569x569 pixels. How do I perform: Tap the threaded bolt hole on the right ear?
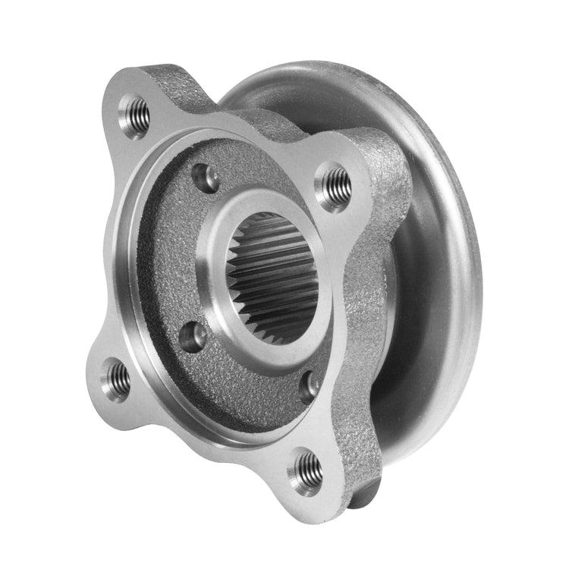(x=336, y=184)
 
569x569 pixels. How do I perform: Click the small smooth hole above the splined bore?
(x=206, y=178)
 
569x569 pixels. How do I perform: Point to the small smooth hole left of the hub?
(x=194, y=335)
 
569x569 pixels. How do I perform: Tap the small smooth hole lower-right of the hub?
(x=309, y=387)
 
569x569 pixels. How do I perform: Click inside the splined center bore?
(x=277, y=273)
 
